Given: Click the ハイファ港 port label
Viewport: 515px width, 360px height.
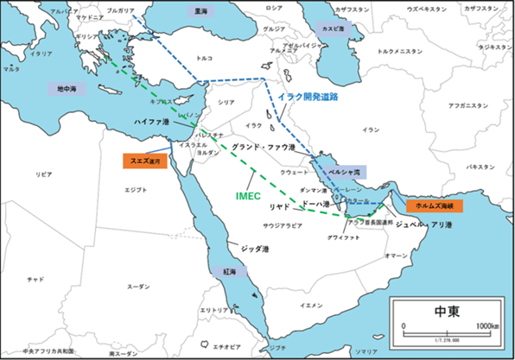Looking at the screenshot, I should pos(152,123).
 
